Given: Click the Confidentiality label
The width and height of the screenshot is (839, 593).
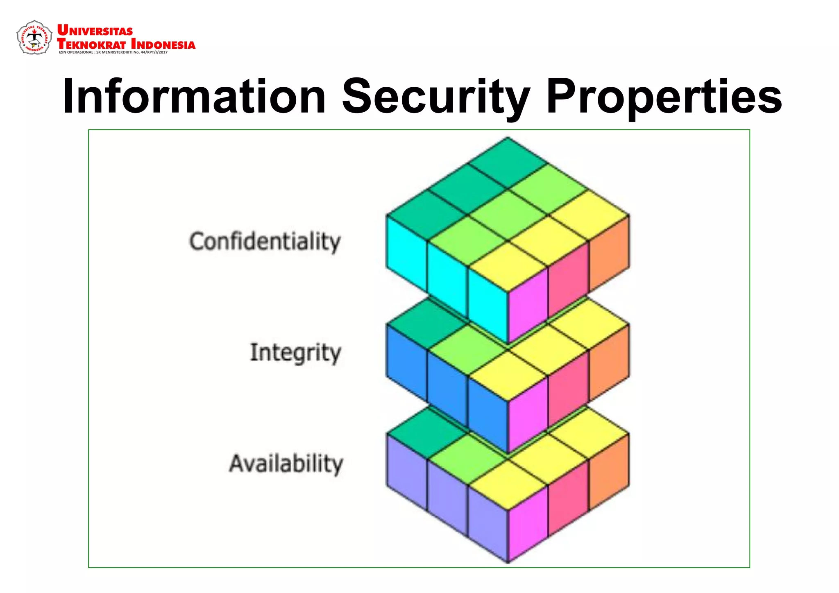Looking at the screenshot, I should (265, 241).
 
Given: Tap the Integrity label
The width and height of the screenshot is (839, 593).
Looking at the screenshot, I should (295, 353).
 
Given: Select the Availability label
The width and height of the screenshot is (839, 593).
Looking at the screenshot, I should (286, 464).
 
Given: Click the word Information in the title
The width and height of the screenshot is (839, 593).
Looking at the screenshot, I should (194, 97).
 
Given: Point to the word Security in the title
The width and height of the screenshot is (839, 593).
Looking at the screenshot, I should (436, 97).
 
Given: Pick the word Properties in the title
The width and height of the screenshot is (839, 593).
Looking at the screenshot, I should (664, 97).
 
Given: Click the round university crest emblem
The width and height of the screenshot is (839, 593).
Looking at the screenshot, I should (34, 38).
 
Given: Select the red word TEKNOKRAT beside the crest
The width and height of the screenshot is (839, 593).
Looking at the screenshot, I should (91, 43).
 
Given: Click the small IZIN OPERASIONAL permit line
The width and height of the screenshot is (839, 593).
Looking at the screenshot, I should (113, 52).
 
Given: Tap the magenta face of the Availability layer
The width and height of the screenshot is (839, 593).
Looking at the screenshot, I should (528, 522).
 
